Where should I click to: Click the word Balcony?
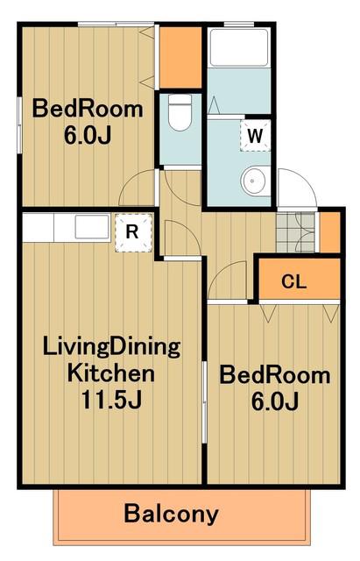(x=171, y=515)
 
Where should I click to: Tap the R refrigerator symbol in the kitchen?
(x=133, y=232)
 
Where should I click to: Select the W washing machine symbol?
(x=255, y=135)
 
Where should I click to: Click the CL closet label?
(x=293, y=281)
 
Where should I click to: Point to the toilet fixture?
(x=180, y=112)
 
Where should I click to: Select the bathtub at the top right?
(x=239, y=47)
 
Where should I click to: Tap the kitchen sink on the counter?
(x=92, y=227)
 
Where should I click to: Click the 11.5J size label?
(x=111, y=400)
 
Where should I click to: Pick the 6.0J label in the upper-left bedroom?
(x=88, y=135)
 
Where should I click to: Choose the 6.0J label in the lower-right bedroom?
(x=274, y=401)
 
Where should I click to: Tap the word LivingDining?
(x=111, y=347)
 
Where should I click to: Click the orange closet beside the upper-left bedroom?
(x=180, y=57)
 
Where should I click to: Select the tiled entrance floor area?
(x=296, y=231)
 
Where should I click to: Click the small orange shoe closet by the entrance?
(x=329, y=231)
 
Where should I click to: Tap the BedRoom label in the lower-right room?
(x=274, y=375)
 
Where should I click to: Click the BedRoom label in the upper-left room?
(x=88, y=109)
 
